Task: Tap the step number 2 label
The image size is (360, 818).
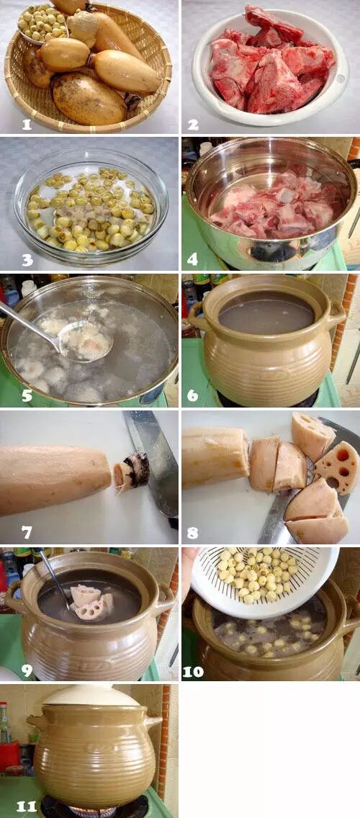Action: coord(193,124)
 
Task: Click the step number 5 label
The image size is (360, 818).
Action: coord(26,396)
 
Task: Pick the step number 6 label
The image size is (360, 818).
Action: coord(193,396)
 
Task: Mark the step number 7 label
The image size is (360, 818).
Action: coord(26,532)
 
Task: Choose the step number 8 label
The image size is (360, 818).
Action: coord(193,532)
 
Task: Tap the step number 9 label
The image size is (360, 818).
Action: coord(26,668)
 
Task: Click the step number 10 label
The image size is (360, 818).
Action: coord(193,671)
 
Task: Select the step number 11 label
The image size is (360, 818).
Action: coord(26,806)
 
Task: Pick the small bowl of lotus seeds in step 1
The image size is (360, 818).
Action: coord(42,24)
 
